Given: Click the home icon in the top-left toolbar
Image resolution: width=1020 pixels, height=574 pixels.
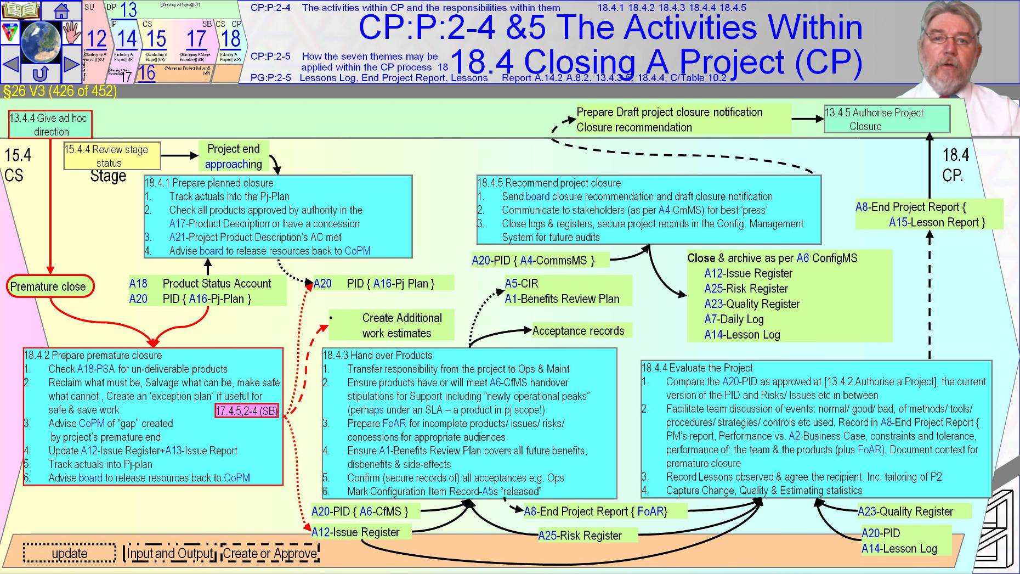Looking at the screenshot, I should click(61, 10).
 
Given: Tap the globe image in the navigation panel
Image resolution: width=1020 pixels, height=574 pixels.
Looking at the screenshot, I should click(41, 42).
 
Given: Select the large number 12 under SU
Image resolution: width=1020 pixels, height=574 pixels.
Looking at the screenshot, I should click(97, 38).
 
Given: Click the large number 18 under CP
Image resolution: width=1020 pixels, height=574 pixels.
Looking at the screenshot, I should click(230, 38).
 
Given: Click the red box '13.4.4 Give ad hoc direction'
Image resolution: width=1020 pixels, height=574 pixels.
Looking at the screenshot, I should click(50, 125).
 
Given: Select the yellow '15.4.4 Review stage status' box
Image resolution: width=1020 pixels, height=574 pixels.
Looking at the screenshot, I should click(112, 156).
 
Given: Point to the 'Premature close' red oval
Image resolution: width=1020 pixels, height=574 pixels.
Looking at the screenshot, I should click(48, 286).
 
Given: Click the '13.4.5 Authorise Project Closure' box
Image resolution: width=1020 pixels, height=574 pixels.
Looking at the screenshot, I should click(886, 119).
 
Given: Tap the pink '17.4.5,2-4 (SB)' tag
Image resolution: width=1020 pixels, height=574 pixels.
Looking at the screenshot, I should click(247, 410).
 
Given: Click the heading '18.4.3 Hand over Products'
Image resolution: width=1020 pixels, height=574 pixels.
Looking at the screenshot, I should click(377, 355).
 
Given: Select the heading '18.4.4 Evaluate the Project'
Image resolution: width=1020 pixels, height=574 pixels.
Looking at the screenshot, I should click(697, 368).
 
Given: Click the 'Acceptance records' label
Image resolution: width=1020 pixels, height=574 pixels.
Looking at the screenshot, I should click(578, 331).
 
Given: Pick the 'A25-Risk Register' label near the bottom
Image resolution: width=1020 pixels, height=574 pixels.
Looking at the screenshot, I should click(580, 536).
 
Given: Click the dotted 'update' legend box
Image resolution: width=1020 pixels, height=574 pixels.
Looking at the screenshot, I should click(70, 553).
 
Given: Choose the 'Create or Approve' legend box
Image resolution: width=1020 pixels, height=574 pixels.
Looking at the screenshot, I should click(270, 553).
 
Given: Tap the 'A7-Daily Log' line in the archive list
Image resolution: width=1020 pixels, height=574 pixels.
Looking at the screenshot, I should click(734, 319).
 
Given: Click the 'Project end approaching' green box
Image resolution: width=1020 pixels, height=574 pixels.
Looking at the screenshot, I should click(234, 156).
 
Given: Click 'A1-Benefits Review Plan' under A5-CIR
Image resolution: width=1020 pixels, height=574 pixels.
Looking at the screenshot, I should click(562, 299).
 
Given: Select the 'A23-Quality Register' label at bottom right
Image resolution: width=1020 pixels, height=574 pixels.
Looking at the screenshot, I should click(905, 511).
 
